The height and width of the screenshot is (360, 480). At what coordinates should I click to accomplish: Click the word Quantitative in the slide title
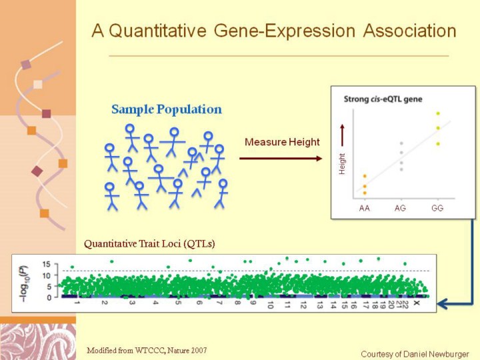[157, 31]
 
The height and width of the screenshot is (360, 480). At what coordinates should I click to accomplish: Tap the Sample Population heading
[167, 109]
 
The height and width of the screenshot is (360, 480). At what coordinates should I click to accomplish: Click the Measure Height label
[282, 142]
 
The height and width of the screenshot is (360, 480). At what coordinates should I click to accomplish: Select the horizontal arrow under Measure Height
[281, 158]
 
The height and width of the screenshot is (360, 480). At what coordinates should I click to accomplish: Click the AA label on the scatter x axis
[364, 208]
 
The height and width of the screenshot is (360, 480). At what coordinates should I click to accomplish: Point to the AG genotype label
[400, 208]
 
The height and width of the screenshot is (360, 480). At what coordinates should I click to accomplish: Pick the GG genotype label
[437, 208]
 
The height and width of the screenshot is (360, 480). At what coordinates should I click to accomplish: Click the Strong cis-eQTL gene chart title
[383, 99]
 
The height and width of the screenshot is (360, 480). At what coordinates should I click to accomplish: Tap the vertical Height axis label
[342, 164]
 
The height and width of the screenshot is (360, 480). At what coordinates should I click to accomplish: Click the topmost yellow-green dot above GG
[438, 113]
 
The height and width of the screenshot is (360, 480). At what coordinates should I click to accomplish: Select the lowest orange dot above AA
[365, 193]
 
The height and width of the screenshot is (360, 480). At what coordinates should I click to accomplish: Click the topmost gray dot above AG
[401, 143]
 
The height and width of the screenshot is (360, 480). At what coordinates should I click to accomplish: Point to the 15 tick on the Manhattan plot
[46, 264]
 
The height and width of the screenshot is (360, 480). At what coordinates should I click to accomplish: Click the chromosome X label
[416, 303]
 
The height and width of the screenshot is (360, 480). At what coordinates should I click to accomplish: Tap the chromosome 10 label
[270, 305]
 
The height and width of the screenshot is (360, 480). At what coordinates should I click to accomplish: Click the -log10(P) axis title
[24, 284]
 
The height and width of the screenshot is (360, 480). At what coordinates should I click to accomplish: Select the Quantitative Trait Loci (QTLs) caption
[149, 244]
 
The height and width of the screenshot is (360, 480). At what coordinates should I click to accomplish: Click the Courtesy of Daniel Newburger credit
[415, 354]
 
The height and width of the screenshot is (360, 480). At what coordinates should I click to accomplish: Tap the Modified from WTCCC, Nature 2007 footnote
[147, 350]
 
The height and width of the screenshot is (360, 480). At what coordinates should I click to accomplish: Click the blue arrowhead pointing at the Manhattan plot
[443, 304]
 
